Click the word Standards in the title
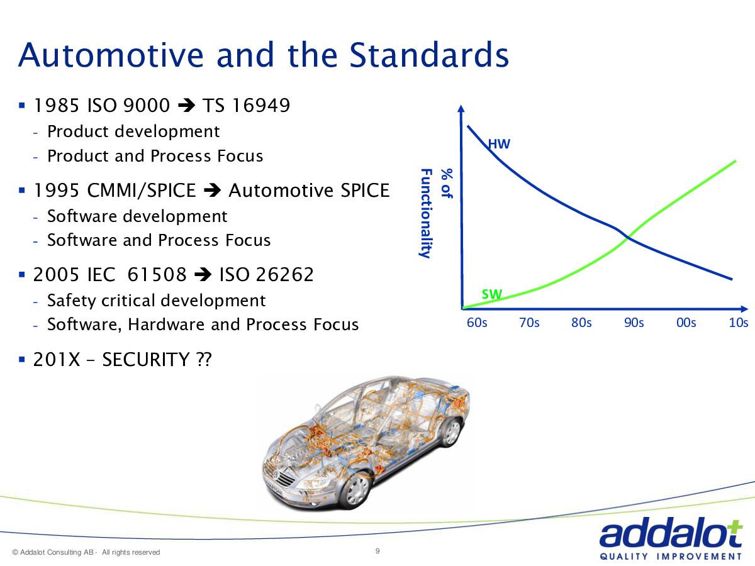point(429,55)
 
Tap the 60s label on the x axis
point(477,323)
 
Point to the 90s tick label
point(634,323)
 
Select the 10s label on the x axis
point(739,323)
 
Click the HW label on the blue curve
point(500,144)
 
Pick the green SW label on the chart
point(492,294)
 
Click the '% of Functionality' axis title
point(437,213)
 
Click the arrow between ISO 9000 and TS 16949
point(187,105)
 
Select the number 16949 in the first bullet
point(261,105)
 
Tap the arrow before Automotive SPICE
point(212,190)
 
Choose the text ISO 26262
point(267,275)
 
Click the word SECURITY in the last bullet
point(146,360)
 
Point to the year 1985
point(57,105)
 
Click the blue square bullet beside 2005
point(22,275)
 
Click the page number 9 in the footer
point(377,551)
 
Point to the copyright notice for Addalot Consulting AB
point(86,552)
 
